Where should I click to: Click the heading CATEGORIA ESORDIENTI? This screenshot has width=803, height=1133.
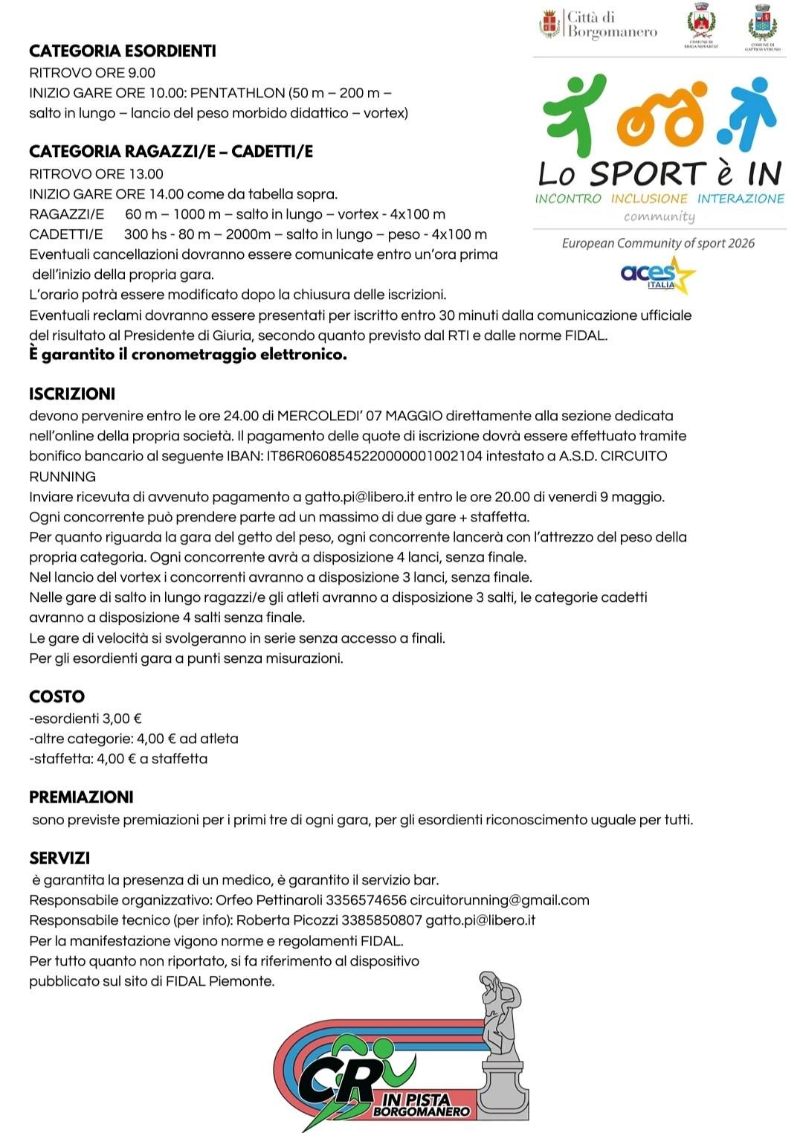point(123,51)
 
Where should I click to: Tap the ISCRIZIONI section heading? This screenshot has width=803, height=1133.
point(72,394)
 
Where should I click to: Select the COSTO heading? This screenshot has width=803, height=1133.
point(57,697)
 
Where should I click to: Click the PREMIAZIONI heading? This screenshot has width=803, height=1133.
point(81,797)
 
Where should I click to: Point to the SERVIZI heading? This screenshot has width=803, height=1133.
point(59,858)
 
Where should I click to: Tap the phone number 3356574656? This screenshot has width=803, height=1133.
point(366,900)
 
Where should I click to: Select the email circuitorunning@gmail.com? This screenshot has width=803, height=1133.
point(500,900)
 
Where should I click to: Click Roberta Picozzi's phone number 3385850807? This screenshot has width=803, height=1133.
point(381,920)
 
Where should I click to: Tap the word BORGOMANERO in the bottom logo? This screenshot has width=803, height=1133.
point(422,1112)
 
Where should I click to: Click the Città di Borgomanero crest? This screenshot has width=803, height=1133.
point(549,24)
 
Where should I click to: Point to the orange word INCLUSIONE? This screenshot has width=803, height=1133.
point(649,199)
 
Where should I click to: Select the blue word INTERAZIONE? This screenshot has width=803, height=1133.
point(741,199)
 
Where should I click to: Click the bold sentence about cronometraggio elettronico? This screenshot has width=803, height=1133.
point(188,355)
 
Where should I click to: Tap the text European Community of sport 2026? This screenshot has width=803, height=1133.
point(658,243)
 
